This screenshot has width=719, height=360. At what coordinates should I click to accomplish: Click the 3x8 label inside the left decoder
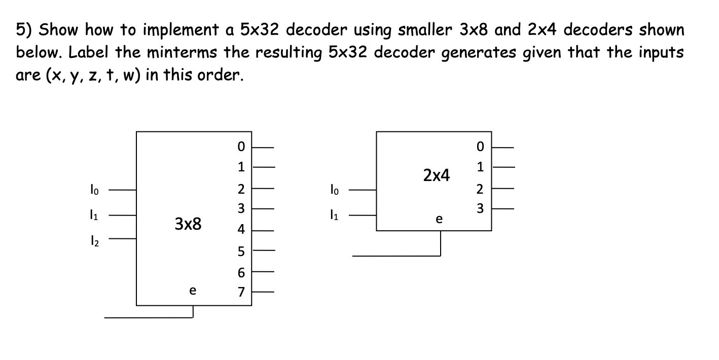click(x=188, y=224)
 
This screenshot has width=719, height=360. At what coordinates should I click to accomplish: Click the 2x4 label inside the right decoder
click(x=436, y=175)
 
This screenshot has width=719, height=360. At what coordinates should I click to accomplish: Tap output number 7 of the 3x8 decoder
click(x=241, y=293)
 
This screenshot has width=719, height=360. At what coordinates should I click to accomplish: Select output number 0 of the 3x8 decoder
click(x=241, y=147)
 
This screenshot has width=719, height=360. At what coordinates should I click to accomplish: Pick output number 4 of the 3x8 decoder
click(x=241, y=230)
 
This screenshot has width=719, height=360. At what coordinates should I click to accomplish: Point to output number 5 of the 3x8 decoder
click(x=241, y=251)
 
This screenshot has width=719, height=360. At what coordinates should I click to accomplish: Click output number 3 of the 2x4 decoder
click(x=480, y=208)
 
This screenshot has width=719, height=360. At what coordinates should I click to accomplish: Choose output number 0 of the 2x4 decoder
click(x=480, y=147)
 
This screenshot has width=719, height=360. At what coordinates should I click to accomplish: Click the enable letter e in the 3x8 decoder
click(x=192, y=291)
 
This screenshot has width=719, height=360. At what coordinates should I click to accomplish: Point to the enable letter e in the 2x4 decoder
click(x=439, y=220)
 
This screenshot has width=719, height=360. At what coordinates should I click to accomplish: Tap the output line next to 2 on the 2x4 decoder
click(x=503, y=190)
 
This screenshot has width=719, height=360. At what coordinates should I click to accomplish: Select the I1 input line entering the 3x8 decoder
click(x=123, y=214)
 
